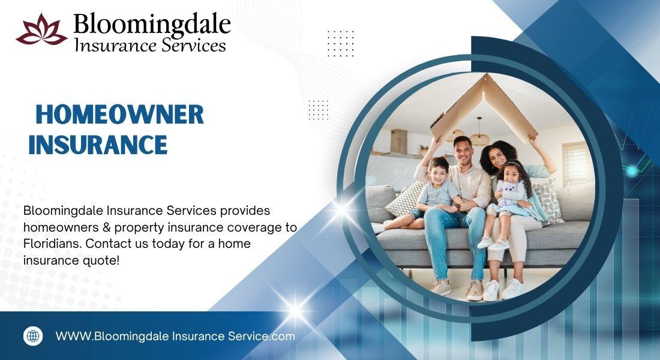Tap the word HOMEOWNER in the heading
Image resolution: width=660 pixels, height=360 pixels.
click(119, 115)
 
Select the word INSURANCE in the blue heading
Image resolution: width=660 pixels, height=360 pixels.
click(98, 145)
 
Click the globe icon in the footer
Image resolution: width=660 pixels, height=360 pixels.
click(33, 336)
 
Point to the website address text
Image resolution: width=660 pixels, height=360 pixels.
click(175, 337)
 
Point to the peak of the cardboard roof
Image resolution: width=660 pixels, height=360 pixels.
click(486, 75)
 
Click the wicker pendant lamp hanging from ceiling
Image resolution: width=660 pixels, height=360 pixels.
click(479, 136)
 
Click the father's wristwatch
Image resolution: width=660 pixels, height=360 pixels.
click(458, 207)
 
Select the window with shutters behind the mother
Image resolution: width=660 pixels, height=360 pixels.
click(575, 161)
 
